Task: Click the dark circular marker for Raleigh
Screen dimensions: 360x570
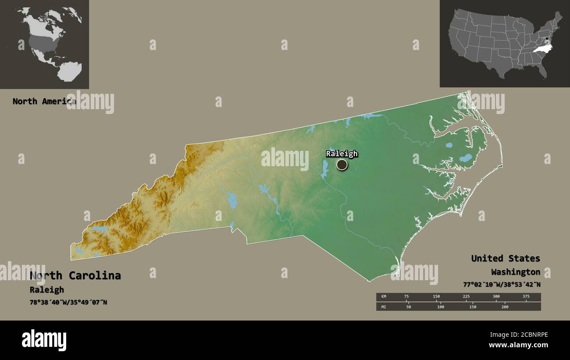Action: [x=342, y=165]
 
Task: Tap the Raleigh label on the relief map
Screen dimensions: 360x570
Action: [x=342, y=153]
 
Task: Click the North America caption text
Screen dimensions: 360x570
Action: [x=44, y=101]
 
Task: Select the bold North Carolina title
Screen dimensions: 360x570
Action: [x=75, y=275]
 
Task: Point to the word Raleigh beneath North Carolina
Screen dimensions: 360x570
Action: [x=46, y=290]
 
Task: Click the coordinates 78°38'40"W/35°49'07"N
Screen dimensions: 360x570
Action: [x=68, y=303]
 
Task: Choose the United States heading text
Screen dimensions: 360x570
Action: [x=505, y=258]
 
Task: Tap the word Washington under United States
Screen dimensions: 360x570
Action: [x=515, y=272]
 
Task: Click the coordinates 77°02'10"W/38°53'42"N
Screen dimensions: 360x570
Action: [x=501, y=284]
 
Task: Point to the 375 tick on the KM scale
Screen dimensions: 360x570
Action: [x=526, y=297]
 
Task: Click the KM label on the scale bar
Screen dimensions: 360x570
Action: [x=383, y=297]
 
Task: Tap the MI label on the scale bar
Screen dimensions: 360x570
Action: [x=383, y=307]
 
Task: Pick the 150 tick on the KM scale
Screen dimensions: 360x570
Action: [x=436, y=297]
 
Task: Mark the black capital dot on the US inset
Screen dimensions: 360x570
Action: [x=546, y=43]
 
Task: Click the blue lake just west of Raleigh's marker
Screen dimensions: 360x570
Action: [x=324, y=169]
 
